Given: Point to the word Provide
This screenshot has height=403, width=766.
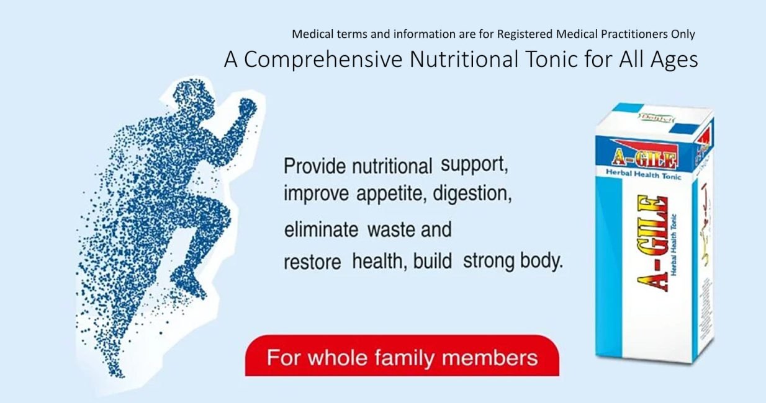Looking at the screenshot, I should point(315,167).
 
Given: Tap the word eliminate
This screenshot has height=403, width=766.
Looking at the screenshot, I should point(321,230).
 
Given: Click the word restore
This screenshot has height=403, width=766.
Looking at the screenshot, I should point(312,262).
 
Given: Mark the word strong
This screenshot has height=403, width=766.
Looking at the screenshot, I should point(491,261).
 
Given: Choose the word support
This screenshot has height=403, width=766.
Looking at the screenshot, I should point(474,166).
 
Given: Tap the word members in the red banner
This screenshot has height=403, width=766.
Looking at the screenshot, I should point(498,358).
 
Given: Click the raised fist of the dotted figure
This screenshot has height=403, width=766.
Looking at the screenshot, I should point(246,109).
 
